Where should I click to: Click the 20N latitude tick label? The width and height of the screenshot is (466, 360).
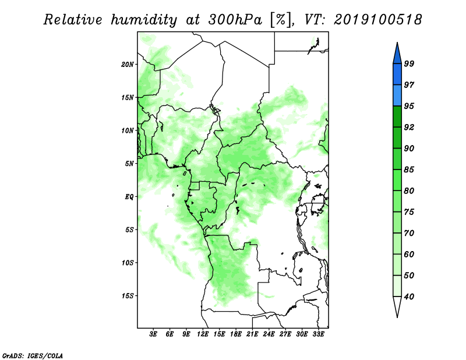point(128,64)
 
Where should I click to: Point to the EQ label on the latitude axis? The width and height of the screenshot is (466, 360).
point(129,196)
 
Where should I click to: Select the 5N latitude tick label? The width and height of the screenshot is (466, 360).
point(129,164)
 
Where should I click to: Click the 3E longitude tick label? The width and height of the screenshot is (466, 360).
point(153,334)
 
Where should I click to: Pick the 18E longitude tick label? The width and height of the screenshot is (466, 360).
point(236,334)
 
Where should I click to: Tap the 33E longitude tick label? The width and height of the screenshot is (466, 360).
point(318,334)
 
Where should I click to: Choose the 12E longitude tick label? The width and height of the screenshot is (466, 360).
point(203,334)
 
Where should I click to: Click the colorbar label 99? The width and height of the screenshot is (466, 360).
point(409,63)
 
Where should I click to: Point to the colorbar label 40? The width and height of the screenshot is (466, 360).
point(409,297)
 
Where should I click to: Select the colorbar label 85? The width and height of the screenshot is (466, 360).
point(409,170)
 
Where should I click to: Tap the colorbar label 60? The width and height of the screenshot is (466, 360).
point(409,254)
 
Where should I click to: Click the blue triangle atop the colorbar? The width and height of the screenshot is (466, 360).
point(397,55)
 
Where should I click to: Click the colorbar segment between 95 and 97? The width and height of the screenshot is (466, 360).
point(397,96)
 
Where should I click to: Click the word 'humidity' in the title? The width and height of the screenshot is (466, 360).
point(144,20)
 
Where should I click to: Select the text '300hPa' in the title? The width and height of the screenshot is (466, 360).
point(235,20)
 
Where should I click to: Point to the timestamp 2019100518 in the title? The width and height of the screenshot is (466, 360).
point(377,20)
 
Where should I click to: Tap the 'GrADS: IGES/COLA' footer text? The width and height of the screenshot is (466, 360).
point(33,355)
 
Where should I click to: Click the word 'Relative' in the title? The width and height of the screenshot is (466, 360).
point(73,20)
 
